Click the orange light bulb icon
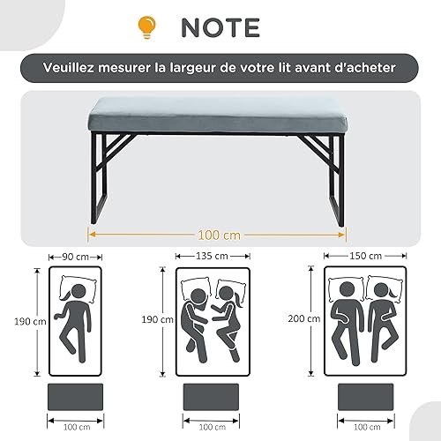pyautogui.click(x=147, y=27)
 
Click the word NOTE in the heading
pyautogui.click(x=220, y=27)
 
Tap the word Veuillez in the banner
pyautogui.click(x=69, y=67)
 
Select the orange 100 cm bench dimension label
pyautogui.click(x=219, y=235)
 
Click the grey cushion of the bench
pyautogui.click(x=218, y=116)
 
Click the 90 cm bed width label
pyautogui.click(x=76, y=257)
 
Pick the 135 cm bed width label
pyautogui.click(x=212, y=256)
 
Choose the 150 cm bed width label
pyautogui.click(x=365, y=256)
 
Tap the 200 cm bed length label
pyautogui.click(x=304, y=318)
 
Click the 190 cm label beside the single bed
pyautogui.click(x=30, y=321)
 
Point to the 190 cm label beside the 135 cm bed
pyautogui.click(x=158, y=319)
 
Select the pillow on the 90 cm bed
pyautogui.click(x=78, y=289)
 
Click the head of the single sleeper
pyautogui.click(x=78, y=292)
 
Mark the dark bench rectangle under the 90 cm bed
pyautogui.click(x=75, y=397)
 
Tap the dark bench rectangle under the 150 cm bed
pyautogui.click(x=366, y=397)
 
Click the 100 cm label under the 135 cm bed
pyautogui.click(x=213, y=427)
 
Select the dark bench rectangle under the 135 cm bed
pyautogui.click(x=211, y=397)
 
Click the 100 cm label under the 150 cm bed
pyautogui.click(x=367, y=427)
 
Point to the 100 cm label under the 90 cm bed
pyautogui.click(x=77, y=427)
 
